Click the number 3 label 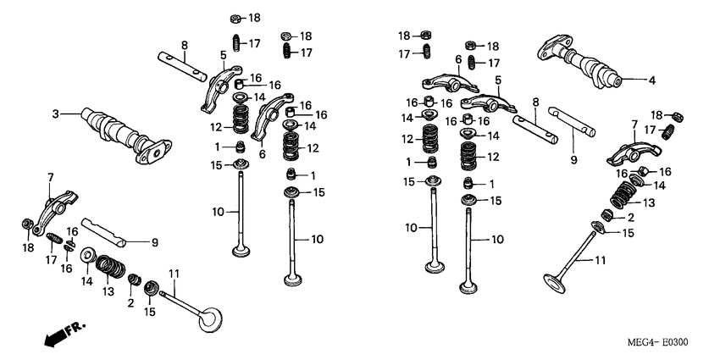point(55,114)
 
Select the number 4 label point(651,81)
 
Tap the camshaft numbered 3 point(119,132)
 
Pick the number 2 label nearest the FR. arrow point(130,302)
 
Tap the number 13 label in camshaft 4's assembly point(650,202)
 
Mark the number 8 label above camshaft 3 point(184,45)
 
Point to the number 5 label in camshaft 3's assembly point(223,56)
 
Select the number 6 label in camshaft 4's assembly point(458,59)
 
